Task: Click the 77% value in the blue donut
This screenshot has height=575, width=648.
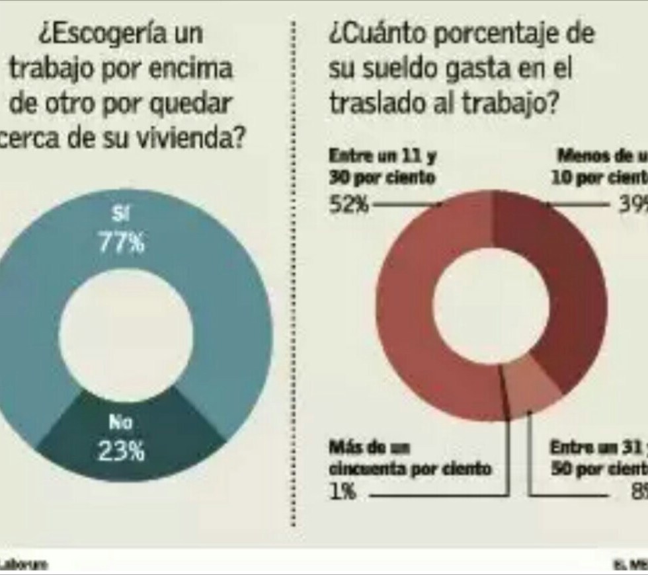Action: tap(121, 243)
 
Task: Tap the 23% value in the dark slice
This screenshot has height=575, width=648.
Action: tap(121, 451)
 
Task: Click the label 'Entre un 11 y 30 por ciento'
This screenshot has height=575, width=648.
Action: tap(382, 168)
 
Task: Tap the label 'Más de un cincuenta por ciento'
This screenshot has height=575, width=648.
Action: tap(410, 459)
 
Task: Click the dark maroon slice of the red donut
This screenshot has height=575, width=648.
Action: tap(562, 278)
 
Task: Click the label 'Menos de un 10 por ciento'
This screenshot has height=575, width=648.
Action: tap(598, 168)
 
